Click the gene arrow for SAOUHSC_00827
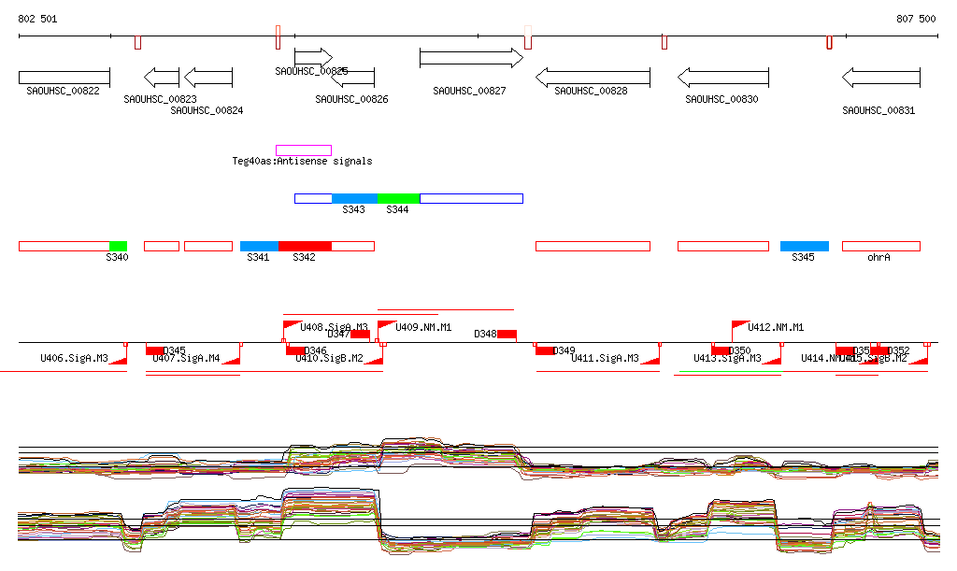pyautogui.click(x=471, y=58)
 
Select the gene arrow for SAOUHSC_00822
pyautogui.click(x=64, y=77)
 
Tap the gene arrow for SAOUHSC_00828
pyautogui.click(x=593, y=77)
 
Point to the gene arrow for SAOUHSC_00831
pyautogui.click(x=880, y=77)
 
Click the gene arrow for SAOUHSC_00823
pyautogui.click(x=161, y=77)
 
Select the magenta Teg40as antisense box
pyautogui.click(x=304, y=150)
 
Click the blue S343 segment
pyautogui.click(x=354, y=198)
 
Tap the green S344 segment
pyautogui.click(x=398, y=198)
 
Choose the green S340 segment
pyautogui.click(x=118, y=246)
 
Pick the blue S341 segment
pyautogui.click(x=259, y=246)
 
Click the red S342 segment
pyautogui.click(x=305, y=246)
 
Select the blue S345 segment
pyautogui.click(x=805, y=246)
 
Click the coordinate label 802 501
pyautogui.click(x=37, y=19)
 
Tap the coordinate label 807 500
pyautogui.click(x=916, y=19)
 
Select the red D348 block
pyautogui.click(x=507, y=334)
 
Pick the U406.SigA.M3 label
pyautogui.click(x=74, y=358)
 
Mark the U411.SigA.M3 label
pyautogui.click(x=605, y=358)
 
